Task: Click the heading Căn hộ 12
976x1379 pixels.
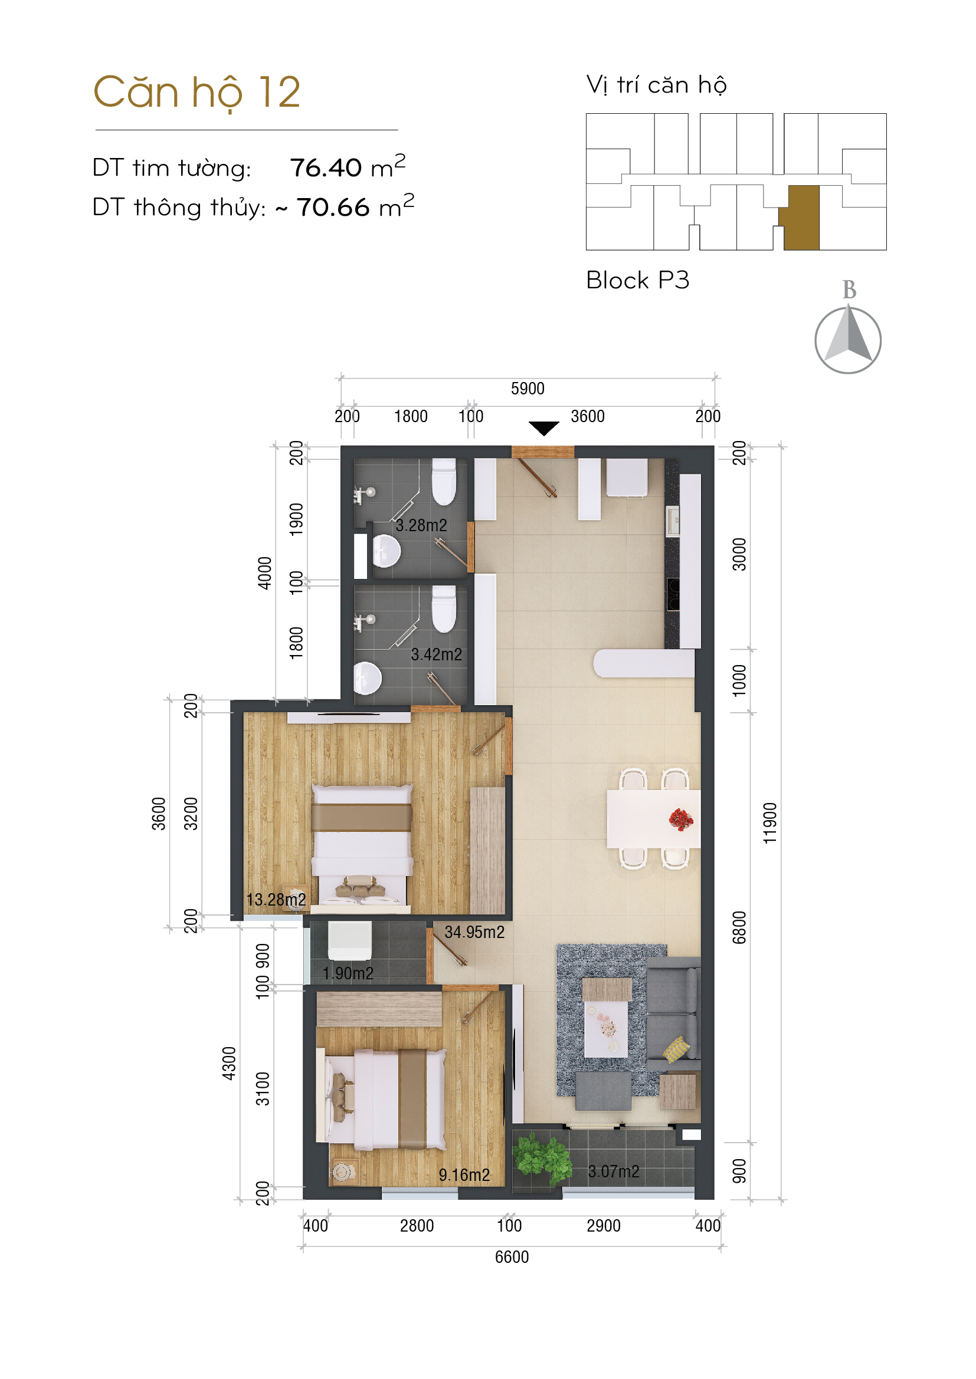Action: click(196, 93)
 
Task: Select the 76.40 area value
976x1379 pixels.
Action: click(326, 168)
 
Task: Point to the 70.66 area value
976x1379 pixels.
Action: click(333, 208)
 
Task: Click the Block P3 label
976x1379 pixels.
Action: click(638, 281)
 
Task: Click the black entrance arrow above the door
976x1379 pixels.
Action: click(544, 428)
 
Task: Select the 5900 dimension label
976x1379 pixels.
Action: click(528, 389)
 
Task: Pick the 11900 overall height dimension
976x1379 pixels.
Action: click(770, 823)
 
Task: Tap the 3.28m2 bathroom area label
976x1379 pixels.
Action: click(421, 525)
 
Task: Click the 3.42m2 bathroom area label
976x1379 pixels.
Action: click(436, 654)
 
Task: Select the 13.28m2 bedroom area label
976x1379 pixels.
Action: click(276, 900)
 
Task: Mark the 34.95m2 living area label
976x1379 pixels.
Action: click(474, 932)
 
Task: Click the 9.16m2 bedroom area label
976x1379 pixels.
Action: click(464, 1175)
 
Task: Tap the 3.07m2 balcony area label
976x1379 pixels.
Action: click(614, 1171)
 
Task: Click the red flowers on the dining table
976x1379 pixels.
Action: click(681, 819)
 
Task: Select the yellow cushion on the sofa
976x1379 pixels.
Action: click(677, 1049)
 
